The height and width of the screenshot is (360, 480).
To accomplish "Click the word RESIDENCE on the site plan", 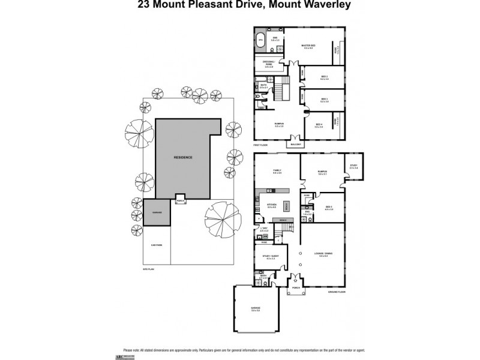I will pos(183,157).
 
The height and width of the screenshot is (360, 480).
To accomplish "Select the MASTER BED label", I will pos(309,45).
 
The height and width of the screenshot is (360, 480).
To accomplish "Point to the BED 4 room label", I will pos(319,126).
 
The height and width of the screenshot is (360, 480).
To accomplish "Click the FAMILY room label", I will pos(277,170).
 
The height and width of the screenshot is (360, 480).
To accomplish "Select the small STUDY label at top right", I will pos(353,166).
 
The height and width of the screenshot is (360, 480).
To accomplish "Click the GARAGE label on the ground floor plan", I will pos(255,309).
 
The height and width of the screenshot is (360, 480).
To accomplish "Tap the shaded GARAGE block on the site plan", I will pos(156,212).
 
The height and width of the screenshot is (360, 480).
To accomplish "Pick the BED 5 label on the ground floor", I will pos(329,206).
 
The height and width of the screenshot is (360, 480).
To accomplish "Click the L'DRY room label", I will pos(263,229).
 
